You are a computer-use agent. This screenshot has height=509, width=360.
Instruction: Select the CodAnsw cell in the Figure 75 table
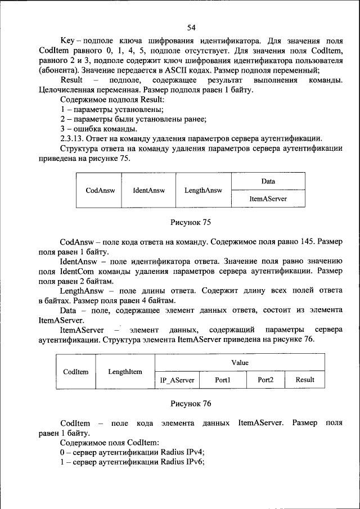(x=100, y=191)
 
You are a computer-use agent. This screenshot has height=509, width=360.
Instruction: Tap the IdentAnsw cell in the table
(x=149, y=191)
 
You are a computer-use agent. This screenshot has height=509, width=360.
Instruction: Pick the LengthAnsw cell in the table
(x=203, y=191)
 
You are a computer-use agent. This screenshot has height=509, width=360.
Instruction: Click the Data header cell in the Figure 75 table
(x=268, y=182)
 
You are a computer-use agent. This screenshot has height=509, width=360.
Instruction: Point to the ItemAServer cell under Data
(x=268, y=199)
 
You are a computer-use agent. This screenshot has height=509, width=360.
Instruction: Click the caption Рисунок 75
(x=191, y=222)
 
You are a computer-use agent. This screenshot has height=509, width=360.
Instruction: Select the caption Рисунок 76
(x=191, y=403)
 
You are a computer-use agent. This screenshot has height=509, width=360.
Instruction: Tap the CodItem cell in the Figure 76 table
(x=75, y=372)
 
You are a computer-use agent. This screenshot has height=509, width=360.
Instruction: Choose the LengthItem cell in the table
(x=125, y=372)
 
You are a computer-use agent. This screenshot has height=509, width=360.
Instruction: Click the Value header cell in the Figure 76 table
(x=240, y=363)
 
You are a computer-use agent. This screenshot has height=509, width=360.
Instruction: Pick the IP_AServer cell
(x=177, y=380)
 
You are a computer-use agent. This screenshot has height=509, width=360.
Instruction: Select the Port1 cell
(x=223, y=380)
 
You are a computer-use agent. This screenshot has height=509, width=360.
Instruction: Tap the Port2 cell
(x=265, y=380)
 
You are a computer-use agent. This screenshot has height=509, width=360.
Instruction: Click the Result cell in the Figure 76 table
(x=305, y=380)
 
